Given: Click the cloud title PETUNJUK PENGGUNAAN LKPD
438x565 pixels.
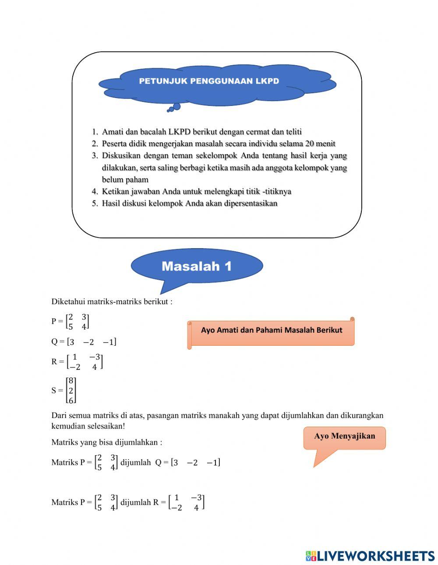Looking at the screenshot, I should click(209, 81).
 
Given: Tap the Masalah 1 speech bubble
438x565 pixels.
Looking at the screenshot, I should click(197, 266).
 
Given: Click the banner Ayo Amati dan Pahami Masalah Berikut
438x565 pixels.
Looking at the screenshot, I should click(271, 330).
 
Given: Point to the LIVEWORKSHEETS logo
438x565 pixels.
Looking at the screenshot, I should click(370, 556).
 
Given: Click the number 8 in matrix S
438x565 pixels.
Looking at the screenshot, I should click(71, 381).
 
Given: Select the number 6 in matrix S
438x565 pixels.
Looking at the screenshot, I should click(71, 400).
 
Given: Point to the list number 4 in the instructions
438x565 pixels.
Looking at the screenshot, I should click(95, 192).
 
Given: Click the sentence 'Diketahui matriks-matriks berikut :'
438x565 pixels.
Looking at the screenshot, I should click(112, 302).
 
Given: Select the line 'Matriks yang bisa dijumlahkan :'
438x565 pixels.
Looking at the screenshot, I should click(106, 442).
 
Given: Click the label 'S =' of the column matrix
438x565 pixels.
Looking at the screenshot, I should click(57, 390).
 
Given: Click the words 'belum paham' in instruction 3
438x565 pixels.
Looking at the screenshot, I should click(125, 179).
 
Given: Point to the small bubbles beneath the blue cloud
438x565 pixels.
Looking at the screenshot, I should click(174, 108).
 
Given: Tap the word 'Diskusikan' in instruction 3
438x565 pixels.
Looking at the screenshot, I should click(121, 155).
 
